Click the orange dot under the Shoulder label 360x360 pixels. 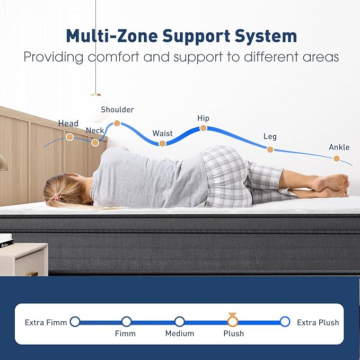[117, 124]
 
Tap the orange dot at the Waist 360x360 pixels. [162, 144]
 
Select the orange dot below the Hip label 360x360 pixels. [203, 128]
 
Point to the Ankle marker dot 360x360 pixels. [337, 159]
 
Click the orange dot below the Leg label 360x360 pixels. [270, 150]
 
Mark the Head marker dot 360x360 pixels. [69, 137]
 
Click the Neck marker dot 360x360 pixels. [95, 143]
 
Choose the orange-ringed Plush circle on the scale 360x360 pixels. [233, 322]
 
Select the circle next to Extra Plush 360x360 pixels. [285, 322]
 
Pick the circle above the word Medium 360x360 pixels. [180, 322]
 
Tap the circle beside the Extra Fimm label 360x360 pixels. [75, 322]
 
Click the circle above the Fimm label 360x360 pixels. [127, 322]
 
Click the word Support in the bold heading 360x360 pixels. [196, 36]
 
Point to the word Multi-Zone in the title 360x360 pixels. [112, 36]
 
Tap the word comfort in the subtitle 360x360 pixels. [113, 57]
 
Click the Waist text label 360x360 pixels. [162, 134]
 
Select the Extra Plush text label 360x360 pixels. [318, 322]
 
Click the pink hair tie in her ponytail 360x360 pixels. [56, 197]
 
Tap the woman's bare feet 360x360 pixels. [333, 186]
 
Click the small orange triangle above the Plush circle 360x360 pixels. [232, 314]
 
